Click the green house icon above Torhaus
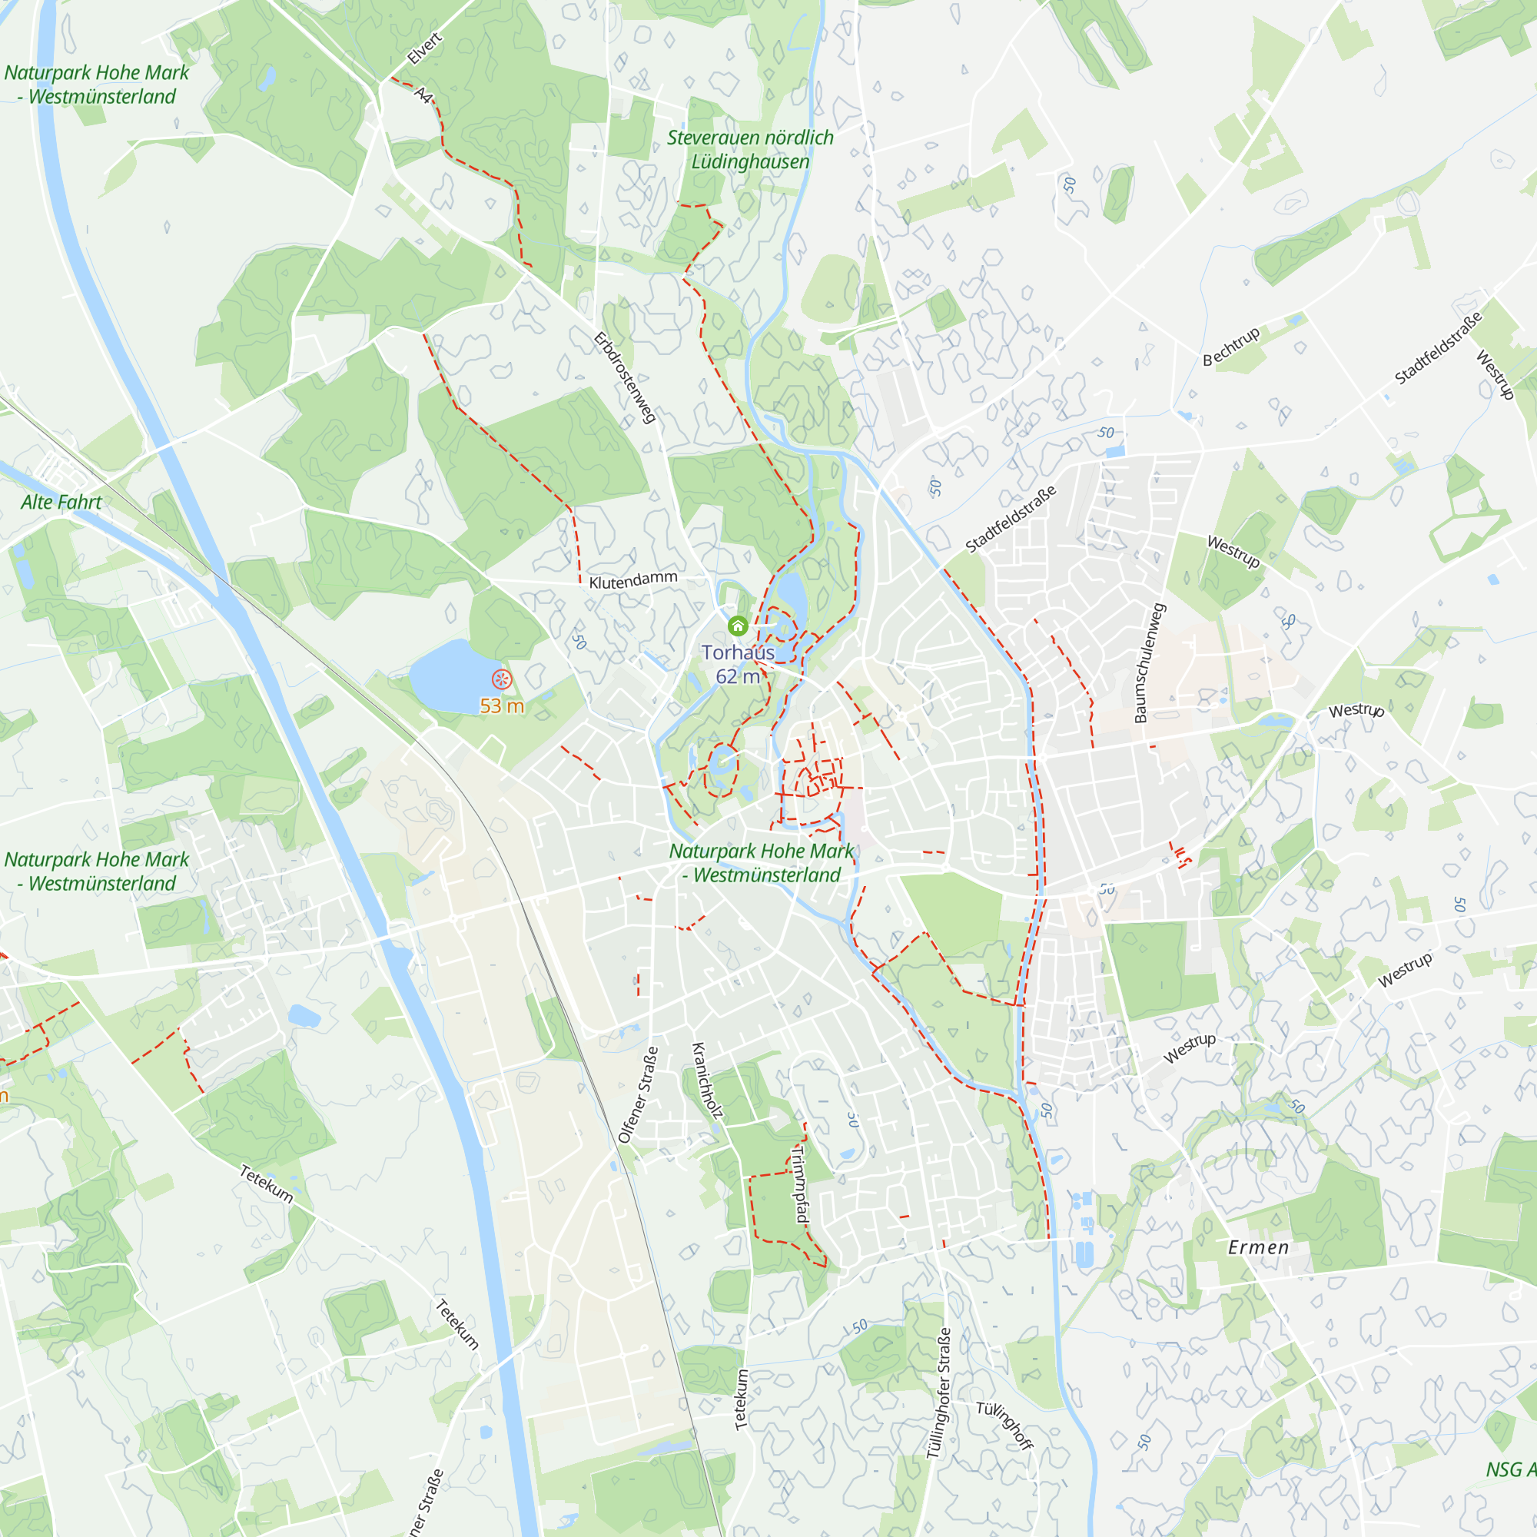tap(738, 626)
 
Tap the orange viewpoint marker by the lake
tap(501, 679)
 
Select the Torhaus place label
tap(738, 652)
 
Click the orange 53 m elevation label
tap(501, 706)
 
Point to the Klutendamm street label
tap(633, 580)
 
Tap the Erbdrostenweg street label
tap(626, 377)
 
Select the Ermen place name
tap(1258, 1247)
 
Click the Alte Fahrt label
tap(61, 503)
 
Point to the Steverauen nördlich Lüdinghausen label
tap(750, 150)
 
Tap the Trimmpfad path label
tap(800, 1184)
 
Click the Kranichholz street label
tap(707, 1081)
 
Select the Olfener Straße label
tap(639, 1094)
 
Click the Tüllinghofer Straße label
tap(939, 1393)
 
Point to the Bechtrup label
tap(1230, 346)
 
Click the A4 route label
tap(424, 95)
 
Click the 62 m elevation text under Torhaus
tap(738, 677)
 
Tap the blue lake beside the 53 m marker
tap(450, 676)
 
